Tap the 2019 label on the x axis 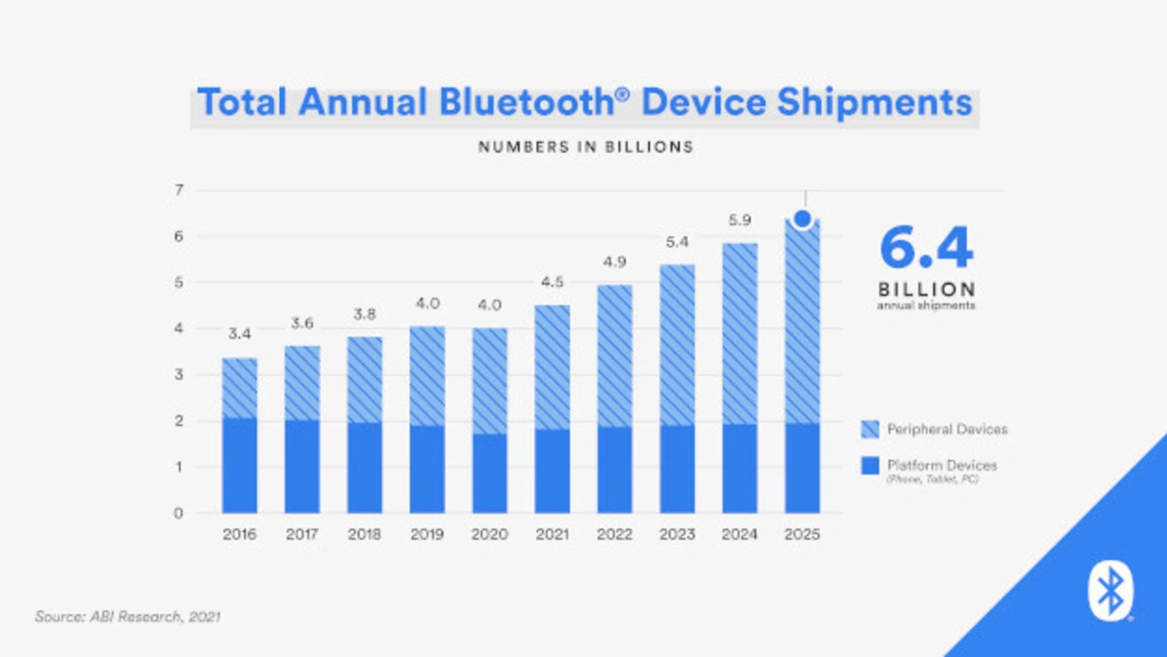[427, 535]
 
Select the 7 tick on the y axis [179, 190]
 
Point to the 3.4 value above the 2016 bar [240, 335]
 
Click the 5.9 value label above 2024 [738, 220]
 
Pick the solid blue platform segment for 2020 [489, 473]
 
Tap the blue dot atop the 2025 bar [802, 219]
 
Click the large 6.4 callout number [926, 249]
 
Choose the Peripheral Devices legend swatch [870, 428]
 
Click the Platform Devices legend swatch [870, 466]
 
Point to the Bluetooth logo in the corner [1110, 591]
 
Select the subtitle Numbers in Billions [585, 147]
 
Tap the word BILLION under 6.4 [926, 289]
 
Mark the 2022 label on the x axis [614, 535]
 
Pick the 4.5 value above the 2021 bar [552, 282]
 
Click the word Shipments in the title [874, 102]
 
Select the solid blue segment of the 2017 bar [302, 466]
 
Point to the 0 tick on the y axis [179, 513]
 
